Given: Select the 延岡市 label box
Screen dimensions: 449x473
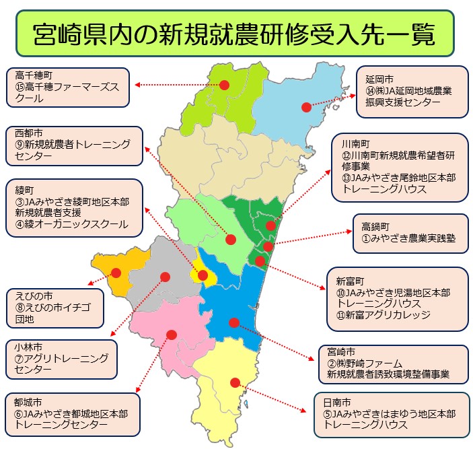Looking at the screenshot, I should point(412,90).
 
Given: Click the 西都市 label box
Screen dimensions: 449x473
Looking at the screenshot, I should point(74,146).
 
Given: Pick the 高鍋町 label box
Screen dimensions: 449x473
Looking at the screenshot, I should point(410,233).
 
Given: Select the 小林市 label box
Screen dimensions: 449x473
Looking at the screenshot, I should point(61,359).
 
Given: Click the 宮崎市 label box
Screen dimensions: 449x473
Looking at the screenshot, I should point(393,364).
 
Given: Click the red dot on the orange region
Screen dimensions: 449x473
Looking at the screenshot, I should point(116,273).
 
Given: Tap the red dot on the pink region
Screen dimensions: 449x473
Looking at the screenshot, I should point(172,334).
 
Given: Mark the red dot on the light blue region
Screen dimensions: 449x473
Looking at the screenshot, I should point(306,106).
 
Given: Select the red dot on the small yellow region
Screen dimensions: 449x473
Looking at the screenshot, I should point(203,275).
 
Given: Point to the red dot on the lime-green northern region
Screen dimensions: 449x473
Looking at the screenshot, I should point(225,85).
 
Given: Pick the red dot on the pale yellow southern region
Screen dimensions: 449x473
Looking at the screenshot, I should point(235,382).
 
